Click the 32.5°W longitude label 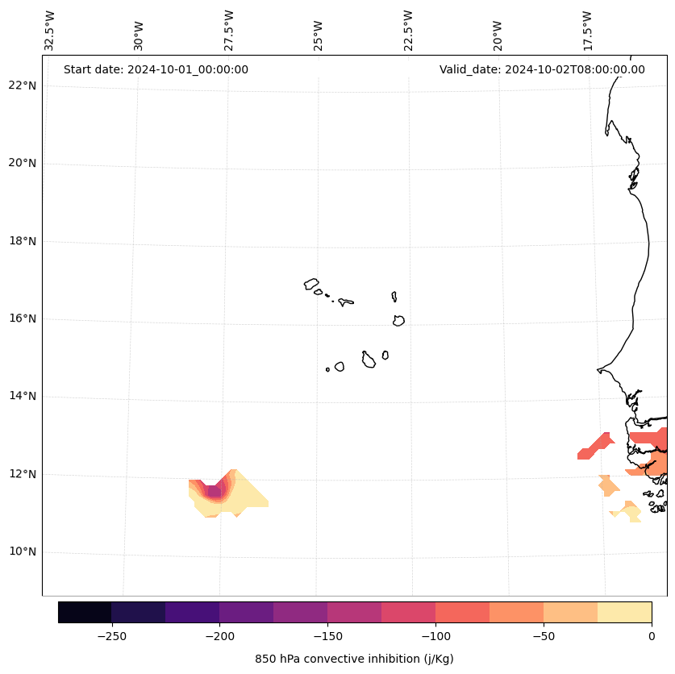pos(50,31)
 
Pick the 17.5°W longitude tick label pos(587,31)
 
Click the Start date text pos(156,69)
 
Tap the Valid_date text pos(542,69)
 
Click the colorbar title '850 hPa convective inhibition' pos(354,659)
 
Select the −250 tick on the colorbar pos(111,635)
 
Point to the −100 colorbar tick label pos(435,635)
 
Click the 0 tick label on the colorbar pos(651,635)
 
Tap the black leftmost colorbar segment pos(85,612)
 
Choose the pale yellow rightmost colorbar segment pos(624,612)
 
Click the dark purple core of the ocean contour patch pos(213,491)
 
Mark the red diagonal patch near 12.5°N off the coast pos(596,446)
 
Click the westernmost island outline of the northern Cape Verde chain pos(311,284)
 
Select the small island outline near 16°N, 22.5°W pos(398,320)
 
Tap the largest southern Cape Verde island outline pos(369,360)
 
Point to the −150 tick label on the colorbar pos(327,635)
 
